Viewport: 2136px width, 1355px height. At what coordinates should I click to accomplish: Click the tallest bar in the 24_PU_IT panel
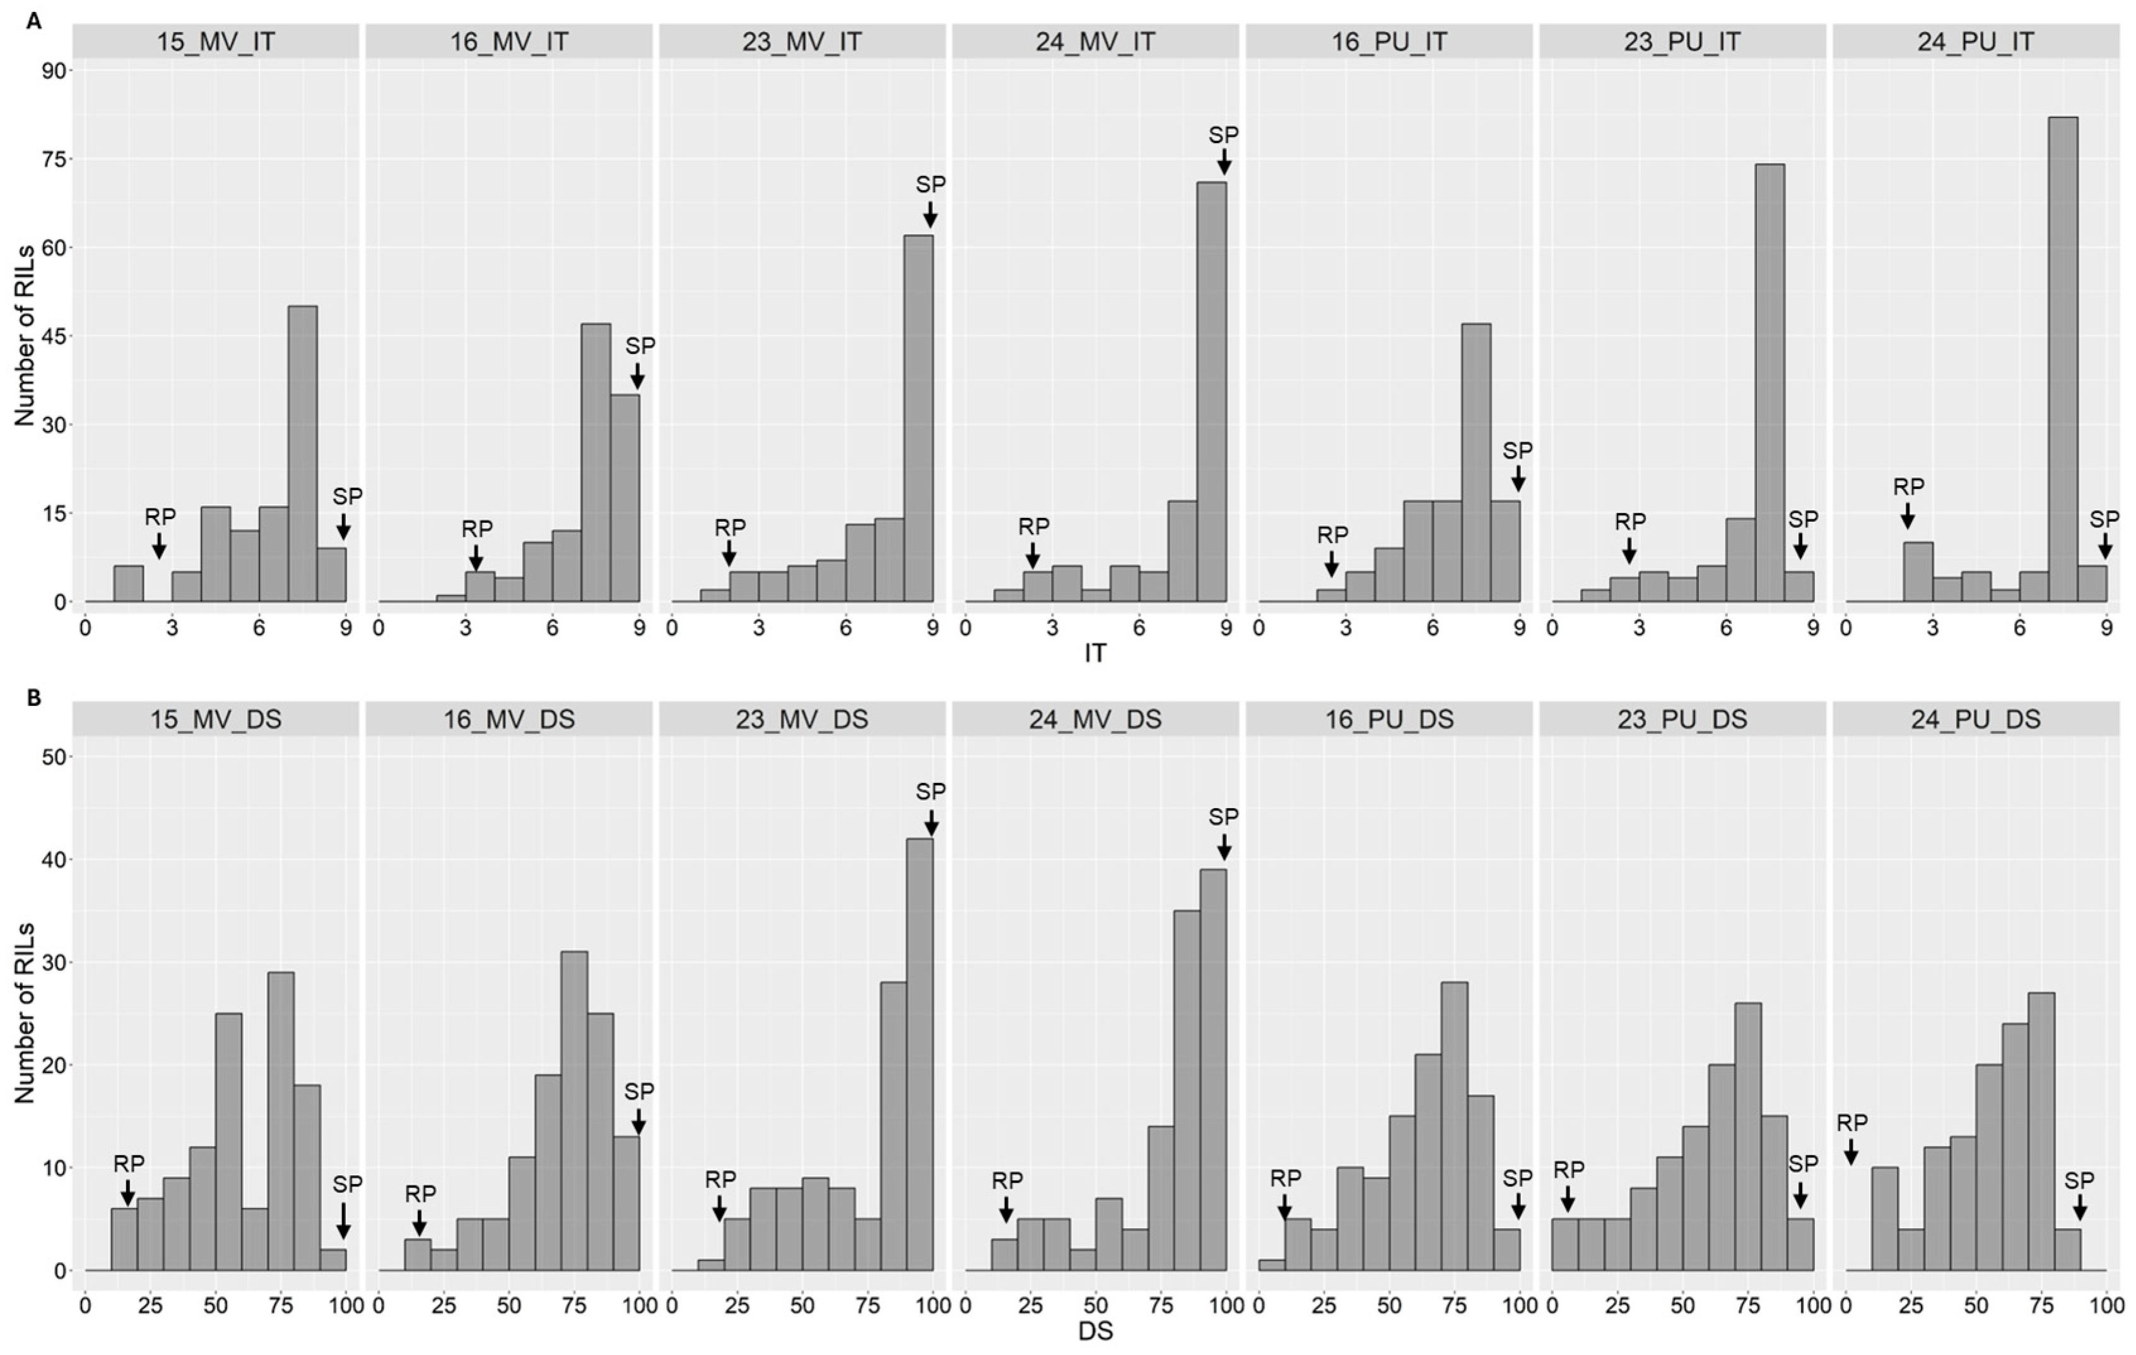(2063, 359)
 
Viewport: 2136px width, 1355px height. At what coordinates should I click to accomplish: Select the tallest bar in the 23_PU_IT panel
(1769, 383)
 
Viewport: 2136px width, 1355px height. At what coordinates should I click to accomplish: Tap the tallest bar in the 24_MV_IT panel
(1211, 392)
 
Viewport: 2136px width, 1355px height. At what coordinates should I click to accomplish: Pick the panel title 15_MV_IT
(216, 42)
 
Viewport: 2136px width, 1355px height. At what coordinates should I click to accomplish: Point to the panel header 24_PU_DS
(1975, 719)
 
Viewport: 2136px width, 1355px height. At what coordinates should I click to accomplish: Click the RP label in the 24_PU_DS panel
(1851, 1123)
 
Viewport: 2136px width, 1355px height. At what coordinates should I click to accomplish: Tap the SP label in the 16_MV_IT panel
(640, 346)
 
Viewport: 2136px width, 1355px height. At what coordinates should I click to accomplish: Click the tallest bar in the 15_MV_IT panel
(302, 454)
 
